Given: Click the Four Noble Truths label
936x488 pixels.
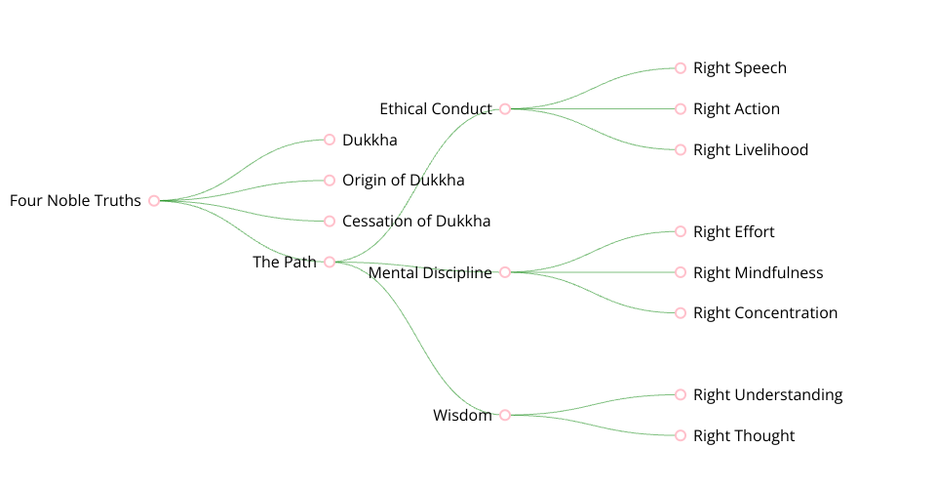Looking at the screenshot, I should (75, 201).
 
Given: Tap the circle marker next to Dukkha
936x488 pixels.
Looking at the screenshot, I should (330, 140).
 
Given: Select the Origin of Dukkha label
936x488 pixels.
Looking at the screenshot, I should (403, 181).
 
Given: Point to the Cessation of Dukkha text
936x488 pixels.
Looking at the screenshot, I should (416, 222).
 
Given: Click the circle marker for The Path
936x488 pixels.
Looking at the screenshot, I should (330, 262).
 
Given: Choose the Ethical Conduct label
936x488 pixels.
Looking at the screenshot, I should (435, 108).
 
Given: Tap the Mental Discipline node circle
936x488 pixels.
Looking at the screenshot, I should (505, 272).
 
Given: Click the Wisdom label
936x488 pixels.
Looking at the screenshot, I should (462, 416).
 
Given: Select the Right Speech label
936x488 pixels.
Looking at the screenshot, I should (739, 68).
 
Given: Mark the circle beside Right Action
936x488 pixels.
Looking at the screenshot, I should (681, 109).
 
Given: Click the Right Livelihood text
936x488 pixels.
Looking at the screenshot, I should (750, 150).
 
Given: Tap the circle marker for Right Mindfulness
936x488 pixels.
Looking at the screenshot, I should (681, 272).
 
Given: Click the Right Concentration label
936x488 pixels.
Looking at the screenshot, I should (764, 313).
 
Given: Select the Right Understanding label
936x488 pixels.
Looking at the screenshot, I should (767, 395).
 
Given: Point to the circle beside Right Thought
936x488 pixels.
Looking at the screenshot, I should (681, 435).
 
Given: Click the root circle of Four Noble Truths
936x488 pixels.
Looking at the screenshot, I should (154, 201).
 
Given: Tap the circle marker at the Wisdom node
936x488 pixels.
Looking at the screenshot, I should (505, 415).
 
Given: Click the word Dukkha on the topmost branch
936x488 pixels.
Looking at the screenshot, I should (370, 141).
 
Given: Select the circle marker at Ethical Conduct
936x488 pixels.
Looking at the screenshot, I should (505, 109).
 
